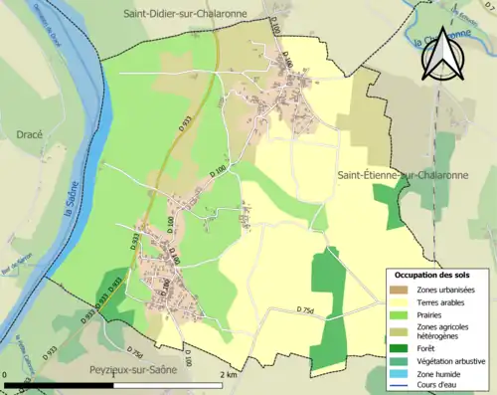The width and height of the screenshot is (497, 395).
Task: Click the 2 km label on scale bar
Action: [x=229, y=375]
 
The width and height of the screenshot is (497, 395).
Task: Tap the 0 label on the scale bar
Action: [x=5, y=375]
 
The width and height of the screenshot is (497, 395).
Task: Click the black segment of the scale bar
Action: [x=60, y=384]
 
